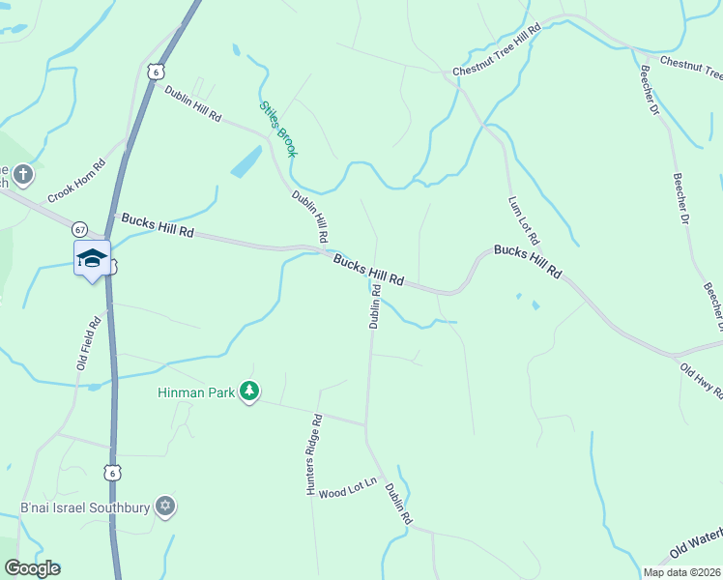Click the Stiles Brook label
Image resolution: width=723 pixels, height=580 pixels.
tap(278, 130)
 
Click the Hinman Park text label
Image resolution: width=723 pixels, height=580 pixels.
tap(198, 392)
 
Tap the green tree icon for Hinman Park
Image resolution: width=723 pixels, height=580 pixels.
tap(250, 391)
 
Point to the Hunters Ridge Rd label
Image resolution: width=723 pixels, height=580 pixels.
tap(313, 456)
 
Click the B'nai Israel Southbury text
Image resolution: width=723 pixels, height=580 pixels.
tap(85, 507)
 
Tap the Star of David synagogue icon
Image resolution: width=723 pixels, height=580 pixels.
tap(165, 507)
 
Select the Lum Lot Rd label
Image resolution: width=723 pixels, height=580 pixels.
tap(524, 220)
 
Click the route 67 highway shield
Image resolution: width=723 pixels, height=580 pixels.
tap(79, 229)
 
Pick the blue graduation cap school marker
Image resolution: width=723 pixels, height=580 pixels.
tap(92, 258)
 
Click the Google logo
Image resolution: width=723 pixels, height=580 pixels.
tap(32, 568)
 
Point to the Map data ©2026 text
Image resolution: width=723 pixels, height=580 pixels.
tap(681, 572)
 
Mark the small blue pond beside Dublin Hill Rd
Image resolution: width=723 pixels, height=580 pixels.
tap(246, 161)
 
